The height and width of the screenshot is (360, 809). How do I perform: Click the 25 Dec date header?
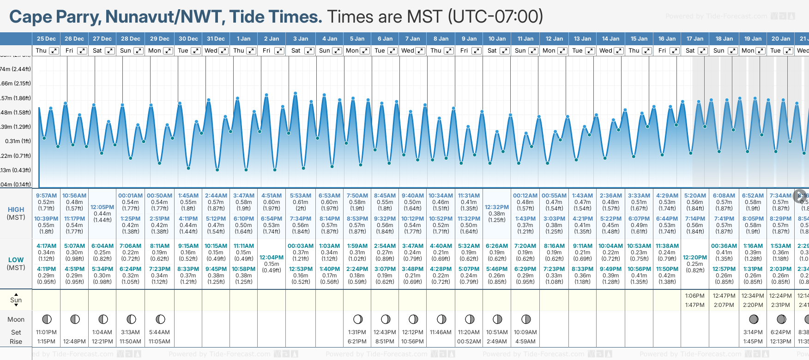tap(46, 39)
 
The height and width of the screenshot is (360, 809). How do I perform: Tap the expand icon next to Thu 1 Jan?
tap(251, 51)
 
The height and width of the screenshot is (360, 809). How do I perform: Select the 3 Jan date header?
tap(301, 39)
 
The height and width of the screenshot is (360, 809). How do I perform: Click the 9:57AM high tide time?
tap(46, 196)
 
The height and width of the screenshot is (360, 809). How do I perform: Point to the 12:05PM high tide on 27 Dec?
tap(102, 207)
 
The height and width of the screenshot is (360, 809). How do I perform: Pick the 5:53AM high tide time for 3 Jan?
tap(301, 196)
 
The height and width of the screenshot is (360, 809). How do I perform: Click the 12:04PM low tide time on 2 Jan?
tap(272, 258)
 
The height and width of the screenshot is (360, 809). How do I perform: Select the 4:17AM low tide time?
tap(46, 246)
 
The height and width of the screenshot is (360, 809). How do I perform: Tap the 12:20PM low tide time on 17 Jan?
tap(695, 258)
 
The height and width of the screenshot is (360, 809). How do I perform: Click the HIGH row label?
tap(16, 210)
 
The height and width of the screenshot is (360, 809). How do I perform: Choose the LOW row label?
tap(16, 260)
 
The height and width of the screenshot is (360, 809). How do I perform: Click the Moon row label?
tap(16, 319)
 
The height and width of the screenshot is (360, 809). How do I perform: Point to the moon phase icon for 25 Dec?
tap(47, 319)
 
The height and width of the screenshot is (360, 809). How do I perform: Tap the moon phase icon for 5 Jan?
tap(357, 319)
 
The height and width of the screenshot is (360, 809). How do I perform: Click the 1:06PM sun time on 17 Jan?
tap(695, 296)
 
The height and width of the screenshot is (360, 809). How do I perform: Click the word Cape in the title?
tap(30, 17)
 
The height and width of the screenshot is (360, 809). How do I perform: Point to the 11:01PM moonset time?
tap(46, 332)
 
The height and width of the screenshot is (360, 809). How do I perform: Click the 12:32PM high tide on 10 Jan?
tap(497, 207)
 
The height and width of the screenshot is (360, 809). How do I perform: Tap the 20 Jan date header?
tap(781, 39)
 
